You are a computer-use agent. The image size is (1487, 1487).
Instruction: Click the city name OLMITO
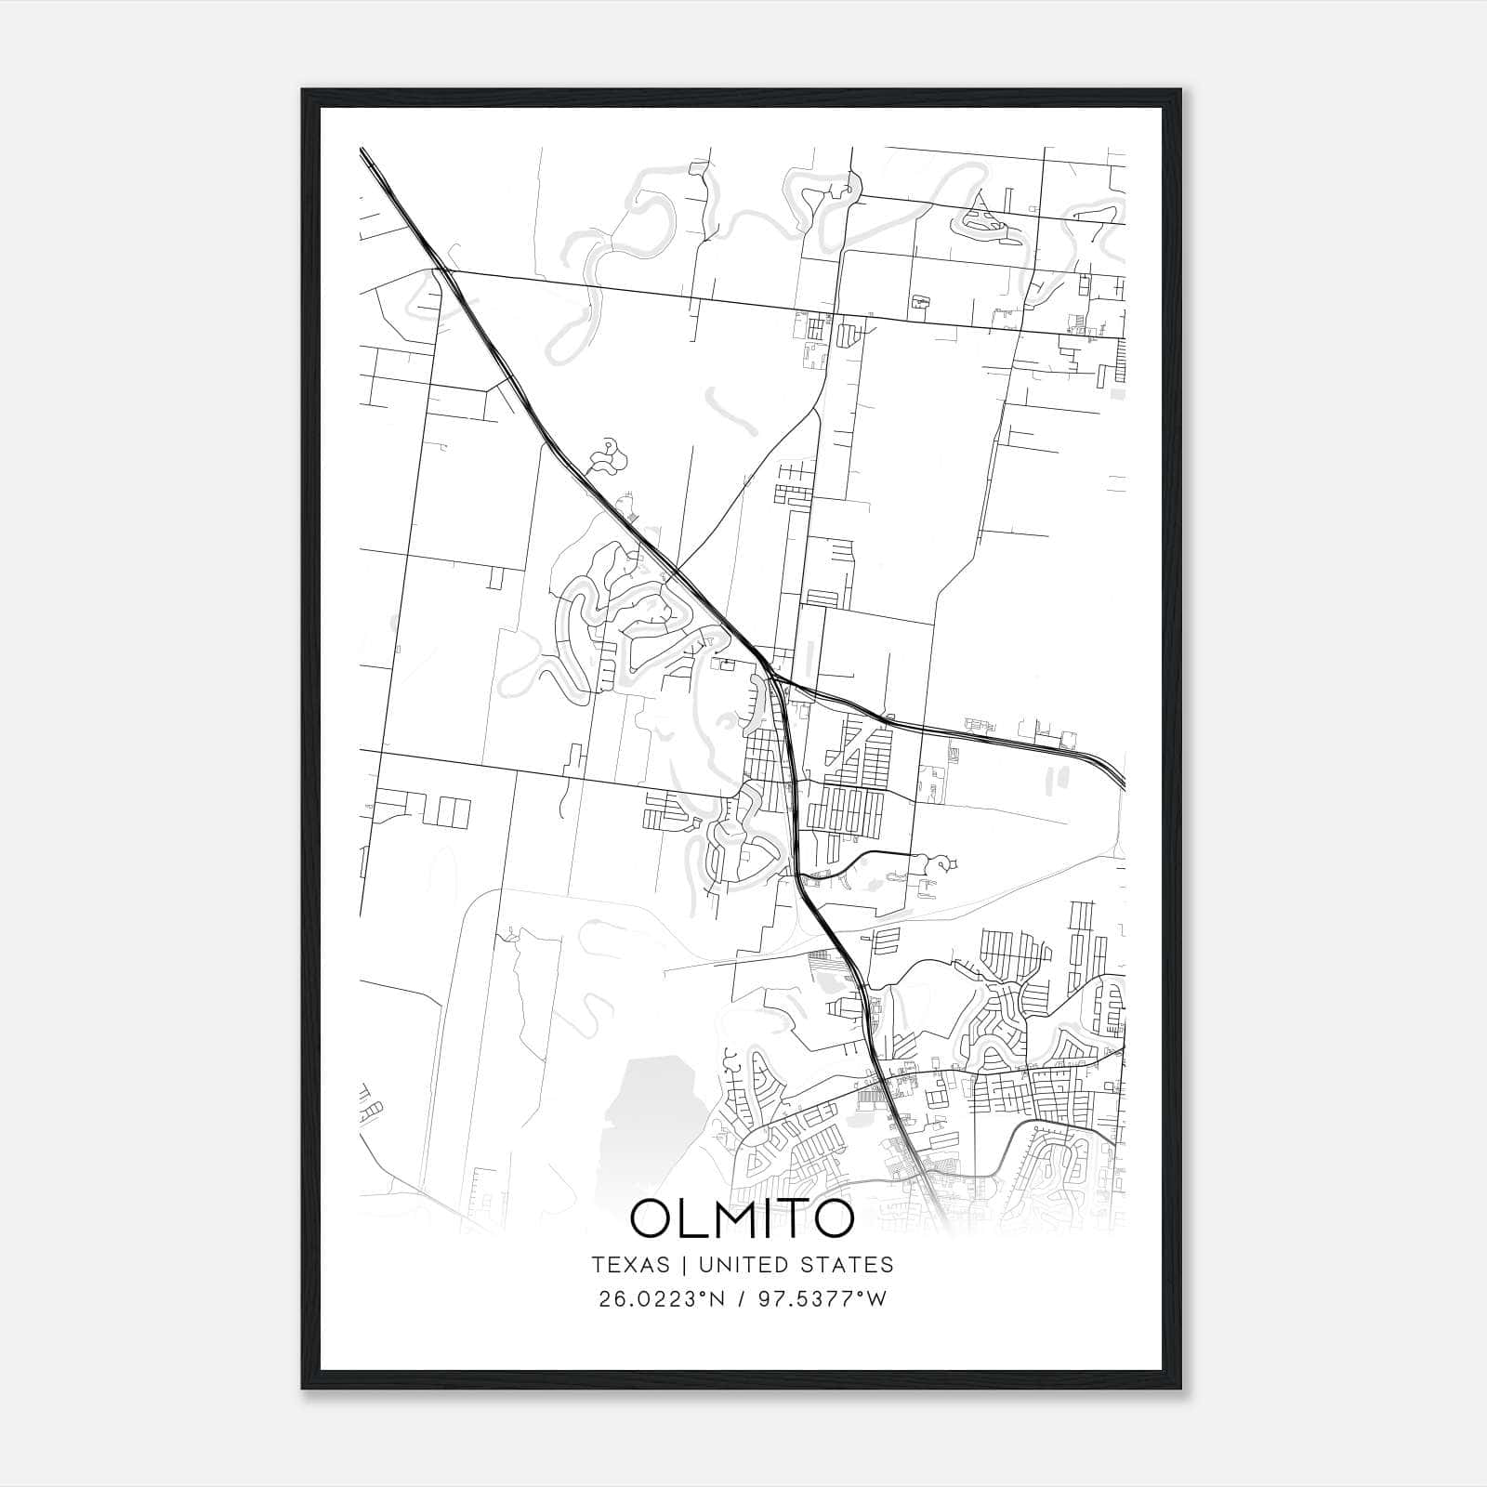[x=742, y=1218]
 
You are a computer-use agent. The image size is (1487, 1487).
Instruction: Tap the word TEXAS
[x=630, y=1265]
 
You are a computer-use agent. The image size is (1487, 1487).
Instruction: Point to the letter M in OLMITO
[x=735, y=1218]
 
